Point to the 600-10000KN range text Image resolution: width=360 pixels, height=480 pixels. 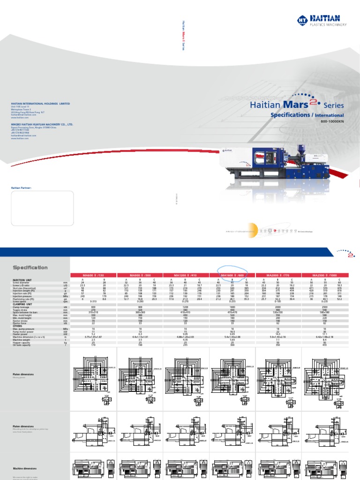point(332,122)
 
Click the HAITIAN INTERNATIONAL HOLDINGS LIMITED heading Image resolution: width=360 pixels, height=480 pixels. point(40,104)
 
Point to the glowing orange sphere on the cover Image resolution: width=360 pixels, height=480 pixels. point(253,231)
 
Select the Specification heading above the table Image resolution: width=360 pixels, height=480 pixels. point(30,268)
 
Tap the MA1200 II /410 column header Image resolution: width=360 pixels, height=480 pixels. point(186,275)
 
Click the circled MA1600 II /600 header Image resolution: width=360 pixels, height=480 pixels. point(232,275)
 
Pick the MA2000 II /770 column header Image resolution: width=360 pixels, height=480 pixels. point(279,275)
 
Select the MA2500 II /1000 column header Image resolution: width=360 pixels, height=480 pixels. point(325,275)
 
